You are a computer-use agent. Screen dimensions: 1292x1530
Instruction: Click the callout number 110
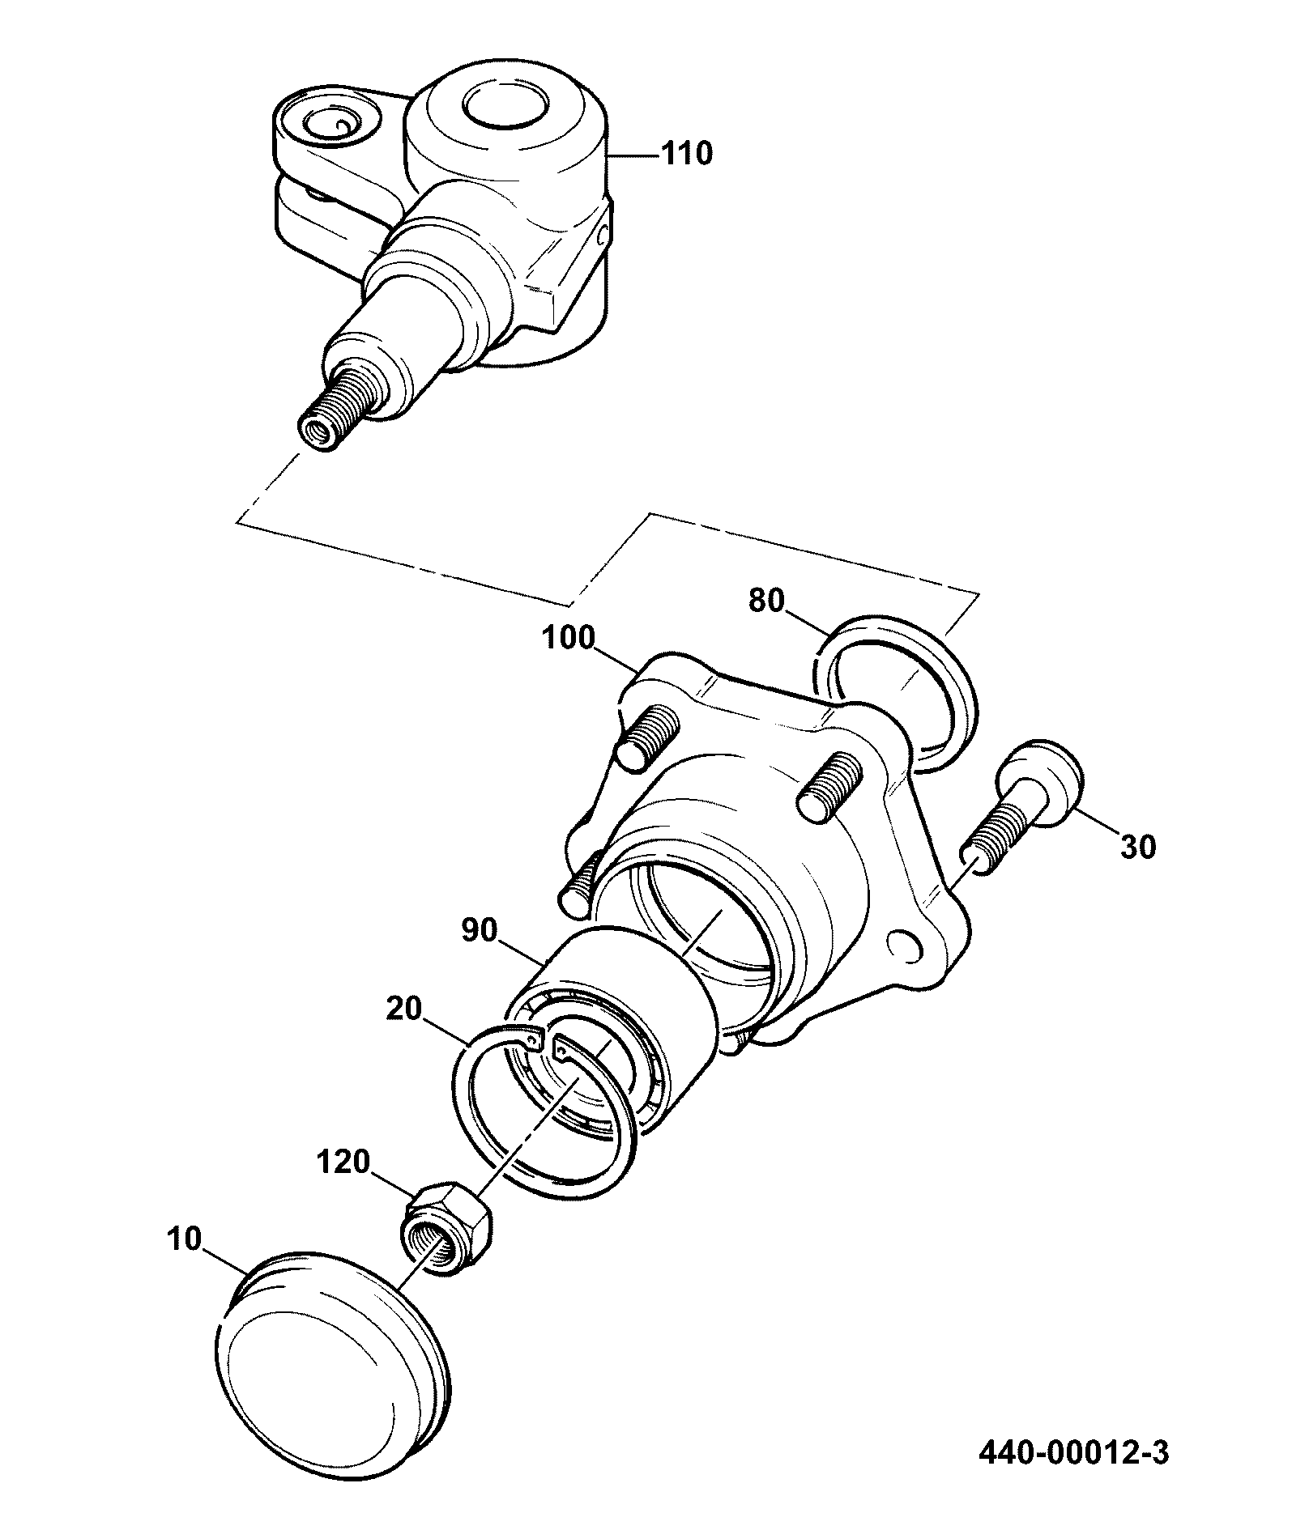pos(688,154)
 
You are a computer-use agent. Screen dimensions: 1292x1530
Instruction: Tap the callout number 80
pos(767,601)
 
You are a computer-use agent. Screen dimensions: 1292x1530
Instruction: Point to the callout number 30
pos(1138,848)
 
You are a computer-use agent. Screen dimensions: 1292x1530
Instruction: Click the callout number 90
pos(480,931)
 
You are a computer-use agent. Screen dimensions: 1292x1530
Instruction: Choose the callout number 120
pos(343,1163)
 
